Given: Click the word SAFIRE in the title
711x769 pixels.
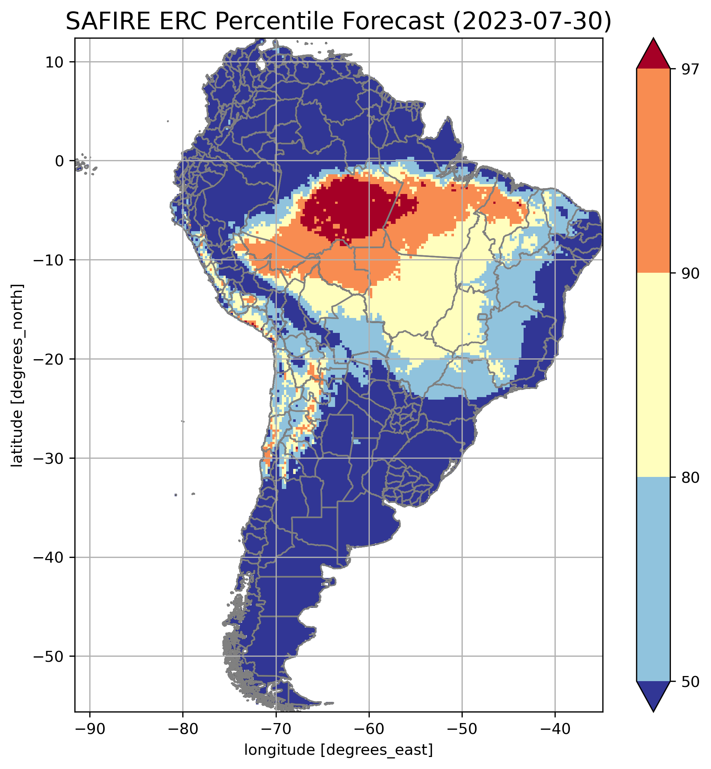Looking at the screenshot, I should coord(106,22).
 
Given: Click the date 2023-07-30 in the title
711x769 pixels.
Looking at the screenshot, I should coord(532,22).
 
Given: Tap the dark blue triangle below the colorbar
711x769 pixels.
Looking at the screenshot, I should coord(653,694).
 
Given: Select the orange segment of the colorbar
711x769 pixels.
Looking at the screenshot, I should coord(653,171).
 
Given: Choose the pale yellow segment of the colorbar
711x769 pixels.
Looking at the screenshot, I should coord(653,375).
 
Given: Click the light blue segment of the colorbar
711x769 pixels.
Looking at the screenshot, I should coord(653,579).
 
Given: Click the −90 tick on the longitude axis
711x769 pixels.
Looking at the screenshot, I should coord(90,729).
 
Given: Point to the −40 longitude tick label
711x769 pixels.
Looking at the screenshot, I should coord(555,729).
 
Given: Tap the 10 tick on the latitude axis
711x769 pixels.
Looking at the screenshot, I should coord(54,62).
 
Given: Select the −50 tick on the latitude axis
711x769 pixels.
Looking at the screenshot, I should coord(48,657).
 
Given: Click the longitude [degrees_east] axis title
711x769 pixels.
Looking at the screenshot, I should coord(339,750).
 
